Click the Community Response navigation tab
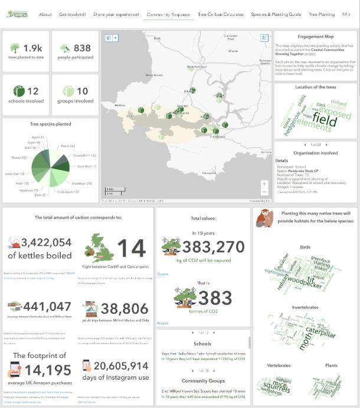pos(168,14)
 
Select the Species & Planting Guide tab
pos(276,14)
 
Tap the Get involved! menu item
pos(73,14)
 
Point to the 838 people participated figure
pos(83,48)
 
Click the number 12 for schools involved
pos(33,91)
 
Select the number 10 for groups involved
pos(83,91)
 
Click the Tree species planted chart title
pos(51,124)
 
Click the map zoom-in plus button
pos(264,183)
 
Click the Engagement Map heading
pos(315,37)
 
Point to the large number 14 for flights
pos(130,249)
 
